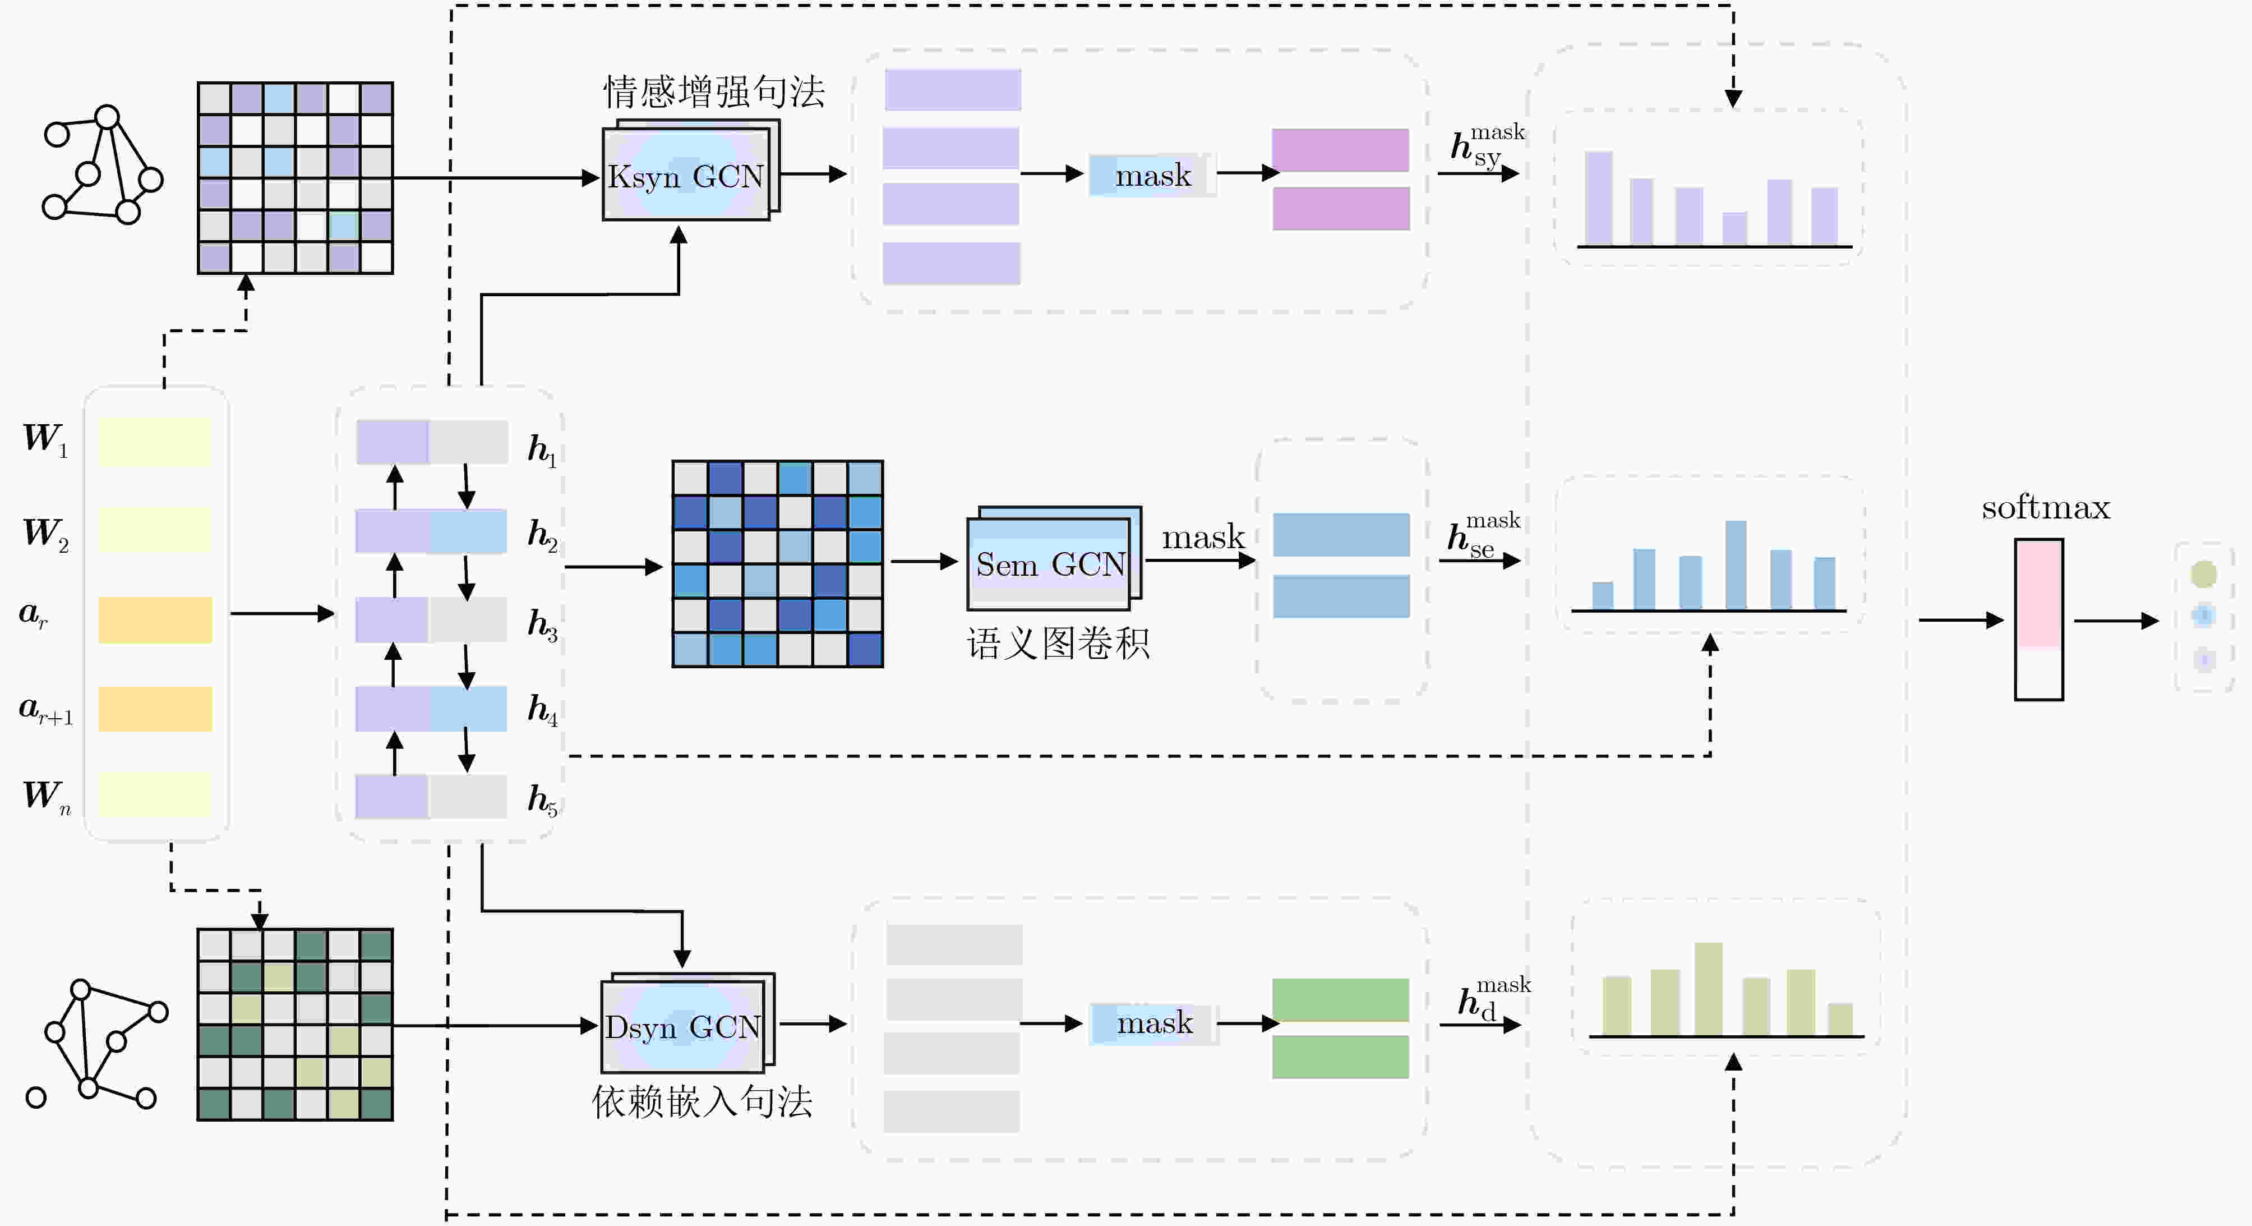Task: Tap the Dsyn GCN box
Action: pyautogui.click(x=687, y=1023)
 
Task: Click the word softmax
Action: pyautogui.click(x=2045, y=508)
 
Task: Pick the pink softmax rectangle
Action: pyautogui.click(x=2039, y=619)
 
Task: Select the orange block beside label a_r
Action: pyautogui.click(x=155, y=620)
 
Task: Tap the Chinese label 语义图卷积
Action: pyautogui.click(x=1058, y=644)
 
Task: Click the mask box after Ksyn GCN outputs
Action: pyautogui.click(x=1152, y=176)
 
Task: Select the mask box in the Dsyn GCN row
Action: pyautogui.click(x=1154, y=1023)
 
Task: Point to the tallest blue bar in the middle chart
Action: pyautogui.click(x=1736, y=565)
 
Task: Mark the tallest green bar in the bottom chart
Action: pyautogui.click(x=1708, y=989)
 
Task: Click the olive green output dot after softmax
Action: pyautogui.click(x=2203, y=575)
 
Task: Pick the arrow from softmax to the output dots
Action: pyautogui.click(x=2116, y=621)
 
